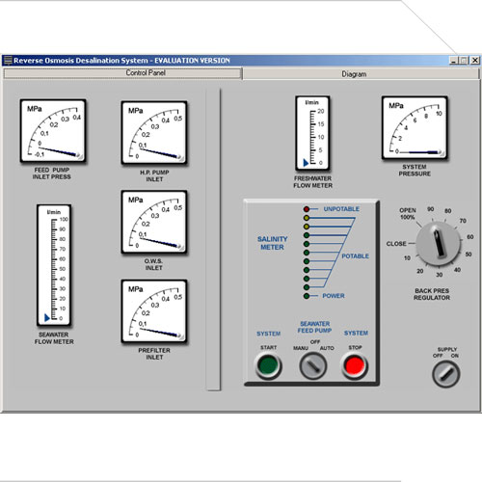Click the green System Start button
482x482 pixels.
[x=268, y=365]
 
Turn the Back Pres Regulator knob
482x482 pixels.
[x=439, y=243]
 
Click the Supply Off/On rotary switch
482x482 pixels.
[x=446, y=374]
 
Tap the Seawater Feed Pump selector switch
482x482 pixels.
[x=312, y=365]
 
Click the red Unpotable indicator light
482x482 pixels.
[x=307, y=209]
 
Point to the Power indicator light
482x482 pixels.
[x=307, y=296]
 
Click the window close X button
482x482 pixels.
[x=475, y=60]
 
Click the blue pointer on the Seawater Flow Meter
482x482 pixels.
[x=47, y=318]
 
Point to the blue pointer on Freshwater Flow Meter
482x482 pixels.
[x=306, y=163]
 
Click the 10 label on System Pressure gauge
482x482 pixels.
[x=439, y=114]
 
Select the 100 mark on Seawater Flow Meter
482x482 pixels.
[x=64, y=219]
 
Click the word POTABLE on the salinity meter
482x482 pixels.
[x=355, y=256]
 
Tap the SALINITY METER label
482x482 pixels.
[x=272, y=243]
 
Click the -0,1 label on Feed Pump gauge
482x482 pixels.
[x=40, y=154]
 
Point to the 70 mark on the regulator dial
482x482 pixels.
[x=463, y=221]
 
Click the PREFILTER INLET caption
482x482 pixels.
[x=154, y=354]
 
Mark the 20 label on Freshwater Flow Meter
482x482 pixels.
[x=321, y=111]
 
